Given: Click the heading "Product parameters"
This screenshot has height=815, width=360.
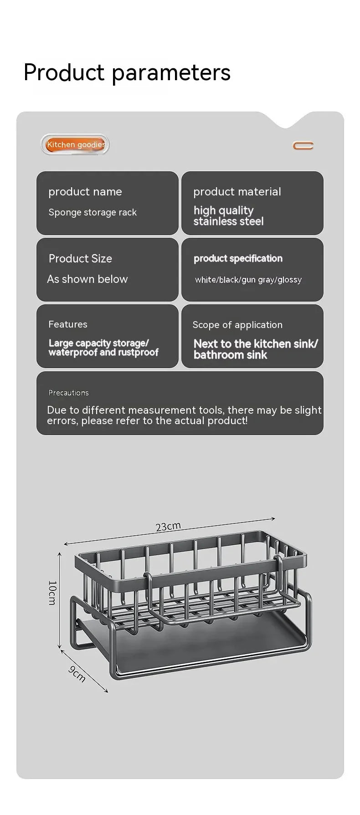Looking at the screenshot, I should click(127, 72).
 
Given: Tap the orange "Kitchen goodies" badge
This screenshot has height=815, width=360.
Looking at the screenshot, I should click(76, 145).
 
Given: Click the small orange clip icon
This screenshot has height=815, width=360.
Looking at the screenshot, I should click(303, 146).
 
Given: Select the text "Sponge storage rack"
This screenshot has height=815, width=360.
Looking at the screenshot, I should click(93, 212).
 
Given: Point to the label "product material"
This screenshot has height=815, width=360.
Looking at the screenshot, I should click(237, 192).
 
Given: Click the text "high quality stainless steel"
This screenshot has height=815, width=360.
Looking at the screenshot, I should click(228, 216).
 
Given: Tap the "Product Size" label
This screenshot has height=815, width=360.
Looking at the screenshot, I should click(80, 259).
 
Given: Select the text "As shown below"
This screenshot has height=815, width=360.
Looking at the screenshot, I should click(87, 279).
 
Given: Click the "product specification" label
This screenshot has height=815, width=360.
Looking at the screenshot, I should click(238, 259).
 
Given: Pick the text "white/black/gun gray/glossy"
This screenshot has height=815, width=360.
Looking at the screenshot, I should click(248, 280).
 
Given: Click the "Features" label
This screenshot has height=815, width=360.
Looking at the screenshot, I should click(68, 324).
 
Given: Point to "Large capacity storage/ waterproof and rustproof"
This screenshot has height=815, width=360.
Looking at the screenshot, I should click(103, 348).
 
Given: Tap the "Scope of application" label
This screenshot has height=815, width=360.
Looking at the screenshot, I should click(237, 325).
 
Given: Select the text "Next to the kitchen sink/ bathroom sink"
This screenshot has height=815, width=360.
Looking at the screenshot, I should click(255, 349).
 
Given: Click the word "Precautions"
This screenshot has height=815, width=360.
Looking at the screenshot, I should click(69, 393).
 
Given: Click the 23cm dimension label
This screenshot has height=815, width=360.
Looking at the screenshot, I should click(168, 527).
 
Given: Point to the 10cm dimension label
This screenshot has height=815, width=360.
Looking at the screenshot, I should click(52, 592).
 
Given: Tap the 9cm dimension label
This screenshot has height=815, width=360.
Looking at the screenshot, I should click(77, 674).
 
